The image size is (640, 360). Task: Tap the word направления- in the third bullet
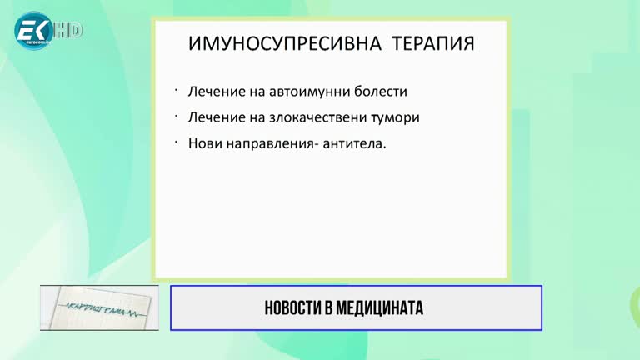coord(277,143)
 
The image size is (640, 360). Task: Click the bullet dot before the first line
coord(177,88)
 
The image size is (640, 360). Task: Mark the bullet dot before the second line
coord(177,114)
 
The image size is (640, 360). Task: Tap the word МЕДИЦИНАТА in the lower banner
coord(381,308)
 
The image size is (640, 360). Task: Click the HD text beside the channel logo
coord(70,31)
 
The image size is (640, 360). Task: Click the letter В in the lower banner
coord(330,308)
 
